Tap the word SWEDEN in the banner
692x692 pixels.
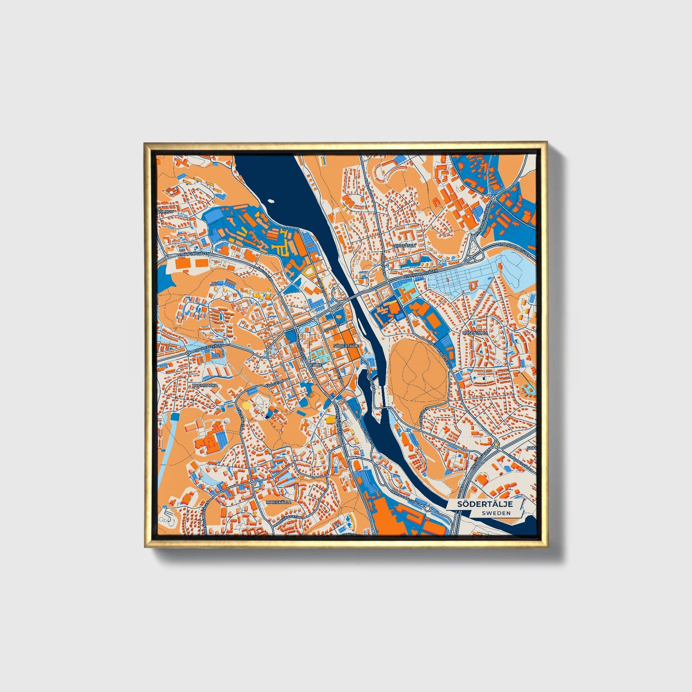[x=496, y=513]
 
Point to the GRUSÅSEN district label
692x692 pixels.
[x=405, y=245]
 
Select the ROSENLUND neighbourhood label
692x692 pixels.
[x=474, y=332]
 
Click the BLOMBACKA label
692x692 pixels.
[x=205, y=385]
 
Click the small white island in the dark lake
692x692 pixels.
[x=272, y=202]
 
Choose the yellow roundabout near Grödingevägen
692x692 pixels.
[x=497, y=445]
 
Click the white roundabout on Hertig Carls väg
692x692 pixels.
[x=428, y=509]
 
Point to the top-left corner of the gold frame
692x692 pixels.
[x=145, y=143]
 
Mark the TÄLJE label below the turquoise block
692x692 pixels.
[x=316, y=364]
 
